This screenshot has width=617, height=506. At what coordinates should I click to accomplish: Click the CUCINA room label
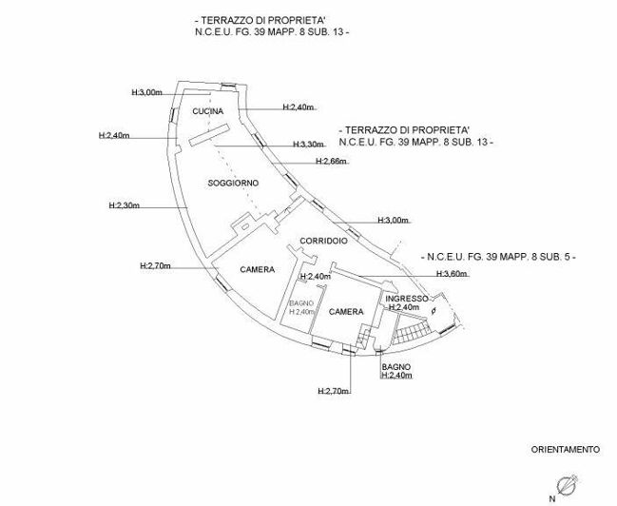tap(207, 112)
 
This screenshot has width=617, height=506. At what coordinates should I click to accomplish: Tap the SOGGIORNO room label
tap(233, 182)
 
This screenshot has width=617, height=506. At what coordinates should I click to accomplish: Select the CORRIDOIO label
tap(322, 241)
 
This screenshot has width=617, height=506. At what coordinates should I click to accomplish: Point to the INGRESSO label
tap(406, 298)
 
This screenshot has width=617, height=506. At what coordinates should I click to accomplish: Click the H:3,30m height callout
tap(308, 145)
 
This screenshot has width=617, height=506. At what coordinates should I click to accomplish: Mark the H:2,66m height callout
tap(333, 162)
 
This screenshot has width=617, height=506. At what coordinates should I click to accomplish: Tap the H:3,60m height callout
tap(452, 274)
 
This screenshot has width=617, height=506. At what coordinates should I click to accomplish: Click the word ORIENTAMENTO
tap(565, 448)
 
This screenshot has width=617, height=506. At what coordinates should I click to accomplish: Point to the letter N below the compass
tap(552, 497)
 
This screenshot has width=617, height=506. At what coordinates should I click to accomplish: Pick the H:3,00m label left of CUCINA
tap(147, 92)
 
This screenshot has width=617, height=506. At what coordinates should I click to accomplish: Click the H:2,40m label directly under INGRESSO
tap(404, 308)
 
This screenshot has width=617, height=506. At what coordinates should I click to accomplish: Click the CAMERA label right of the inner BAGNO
tap(346, 312)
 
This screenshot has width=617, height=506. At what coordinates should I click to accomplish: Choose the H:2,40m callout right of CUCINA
tap(299, 107)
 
